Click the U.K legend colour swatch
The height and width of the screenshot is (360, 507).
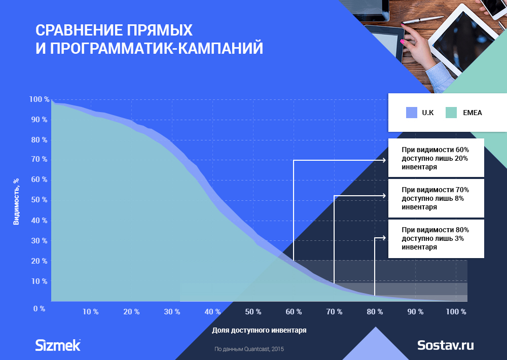(412, 113)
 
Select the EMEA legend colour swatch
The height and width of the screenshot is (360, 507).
(451, 113)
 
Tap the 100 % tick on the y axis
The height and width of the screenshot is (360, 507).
(40, 99)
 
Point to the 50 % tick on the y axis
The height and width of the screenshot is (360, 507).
(40, 200)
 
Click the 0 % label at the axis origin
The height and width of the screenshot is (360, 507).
(40, 309)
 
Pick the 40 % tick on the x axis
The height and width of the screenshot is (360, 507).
(213, 312)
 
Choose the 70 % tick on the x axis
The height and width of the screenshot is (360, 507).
(334, 312)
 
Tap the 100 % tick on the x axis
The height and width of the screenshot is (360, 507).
(456, 312)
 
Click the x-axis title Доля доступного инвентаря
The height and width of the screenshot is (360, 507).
(259, 330)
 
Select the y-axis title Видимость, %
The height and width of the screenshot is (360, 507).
(16, 201)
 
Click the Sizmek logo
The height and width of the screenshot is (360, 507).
(58, 345)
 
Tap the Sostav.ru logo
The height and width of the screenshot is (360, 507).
(446, 345)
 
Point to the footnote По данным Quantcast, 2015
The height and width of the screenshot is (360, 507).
(249, 349)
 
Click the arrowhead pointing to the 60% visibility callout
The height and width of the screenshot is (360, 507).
(384, 160)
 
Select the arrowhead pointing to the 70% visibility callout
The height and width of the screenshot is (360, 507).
(384, 196)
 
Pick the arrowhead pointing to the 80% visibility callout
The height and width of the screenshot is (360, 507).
(384, 238)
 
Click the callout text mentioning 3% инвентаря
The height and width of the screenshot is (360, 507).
(435, 238)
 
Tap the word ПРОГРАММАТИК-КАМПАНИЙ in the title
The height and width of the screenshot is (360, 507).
(157, 48)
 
